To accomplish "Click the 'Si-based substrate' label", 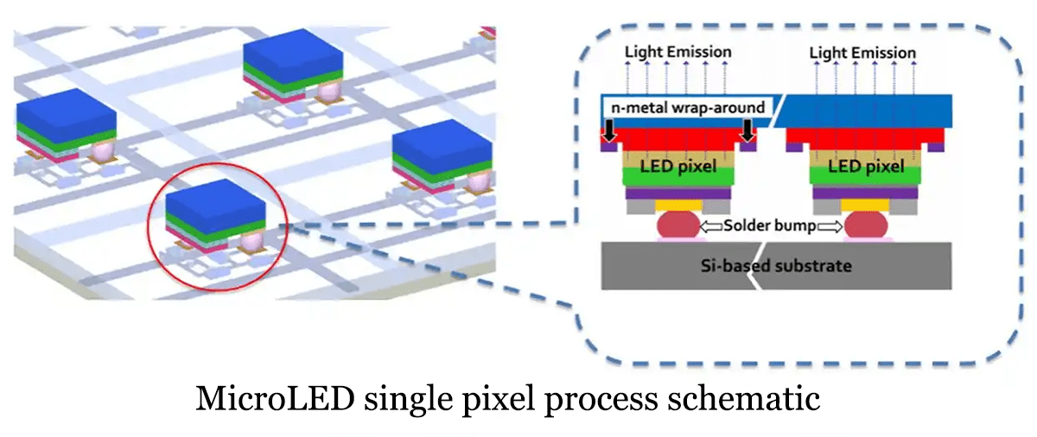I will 774,265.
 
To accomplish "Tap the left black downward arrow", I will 610,131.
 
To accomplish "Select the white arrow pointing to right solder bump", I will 830,226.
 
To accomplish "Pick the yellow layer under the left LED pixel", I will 678,206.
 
